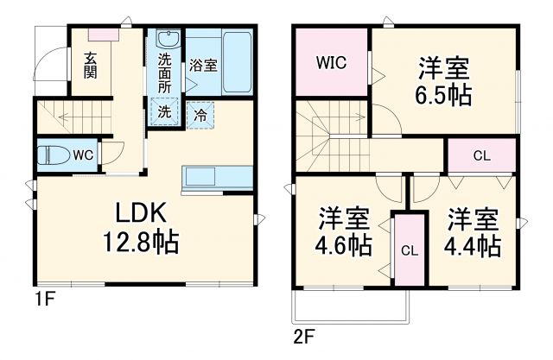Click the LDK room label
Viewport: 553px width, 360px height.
[x=135, y=213]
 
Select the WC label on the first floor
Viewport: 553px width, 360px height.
[x=83, y=155]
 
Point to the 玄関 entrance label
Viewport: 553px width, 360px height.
[x=90, y=66]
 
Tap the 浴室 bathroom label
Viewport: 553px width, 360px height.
[x=202, y=65]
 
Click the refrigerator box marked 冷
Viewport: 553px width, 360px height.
[x=200, y=114]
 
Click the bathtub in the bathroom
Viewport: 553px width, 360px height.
[x=236, y=62]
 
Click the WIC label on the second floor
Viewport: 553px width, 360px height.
[x=331, y=62]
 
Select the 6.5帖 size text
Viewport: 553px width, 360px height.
[x=446, y=95]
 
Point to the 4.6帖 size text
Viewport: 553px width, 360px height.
[x=344, y=245]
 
